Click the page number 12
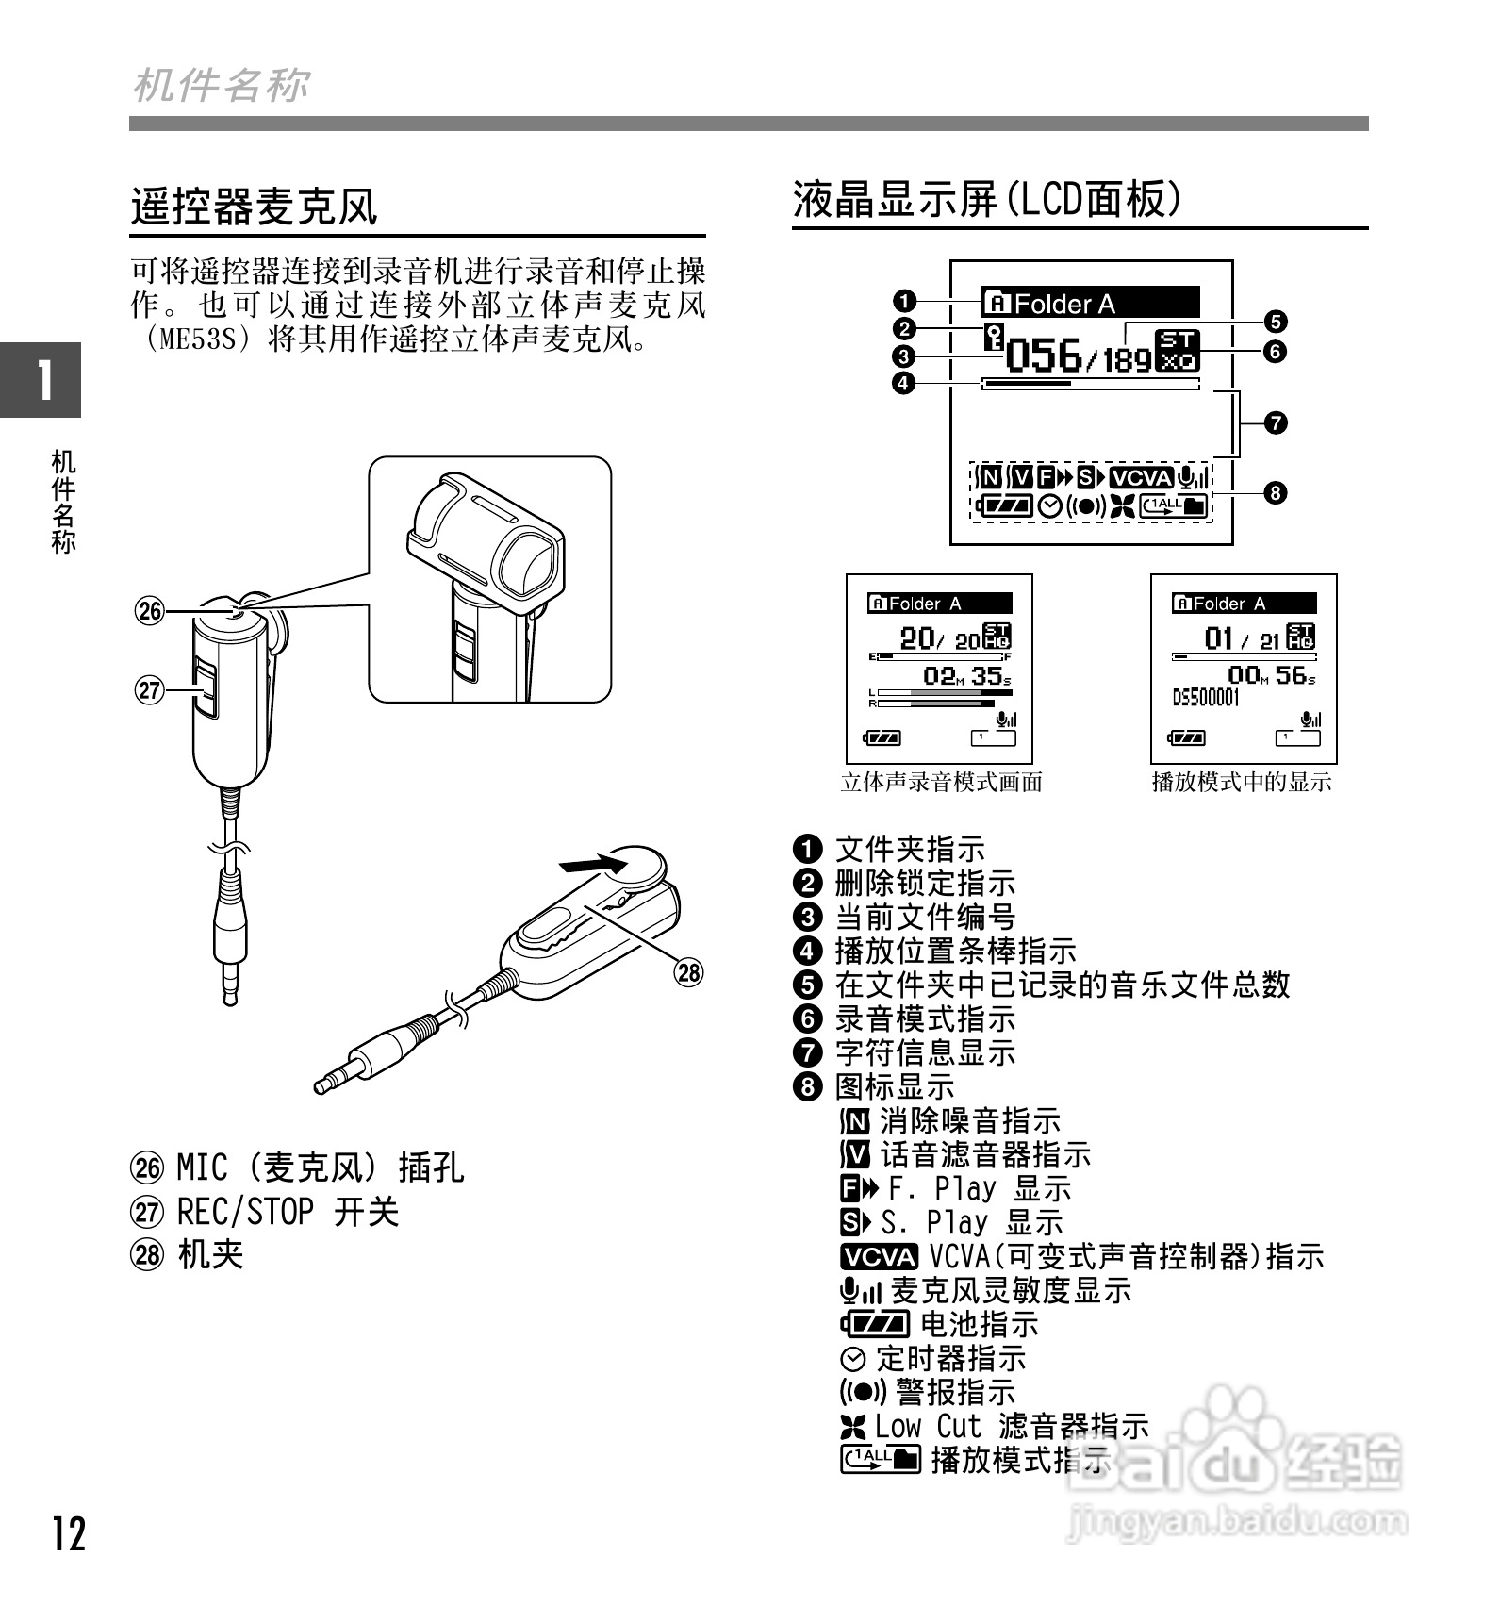(69, 1534)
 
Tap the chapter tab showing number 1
(41, 379)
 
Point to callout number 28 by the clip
(689, 972)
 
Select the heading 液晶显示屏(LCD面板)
(986, 199)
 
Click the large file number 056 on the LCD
(1044, 356)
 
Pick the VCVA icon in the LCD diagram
(1141, 478)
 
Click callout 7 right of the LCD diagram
(1275, 422)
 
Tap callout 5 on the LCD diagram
(1275, 322)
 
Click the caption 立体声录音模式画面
(941, 782)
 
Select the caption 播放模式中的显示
(1242, 782)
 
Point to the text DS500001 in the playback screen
(1206, 698)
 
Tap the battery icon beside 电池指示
(876, 1324)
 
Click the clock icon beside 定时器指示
(853, 1359)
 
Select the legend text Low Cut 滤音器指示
(1011, 1426)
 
